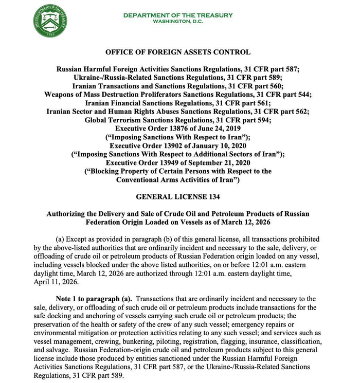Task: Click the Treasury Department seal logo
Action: tap(51, 22)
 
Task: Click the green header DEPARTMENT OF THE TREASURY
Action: tap(177, 15)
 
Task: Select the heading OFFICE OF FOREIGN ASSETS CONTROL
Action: tap(177, 52)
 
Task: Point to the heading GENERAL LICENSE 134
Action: tap(177, 196)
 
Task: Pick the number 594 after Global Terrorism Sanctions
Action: tap(257, 119)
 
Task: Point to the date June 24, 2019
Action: tap(223, 128)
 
